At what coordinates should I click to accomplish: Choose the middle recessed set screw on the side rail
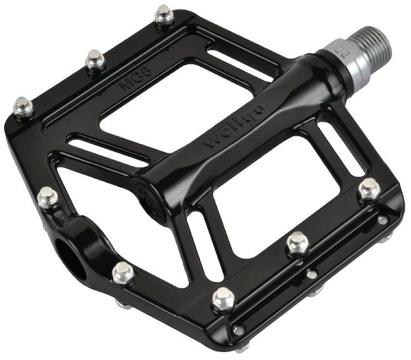tap(312, 274)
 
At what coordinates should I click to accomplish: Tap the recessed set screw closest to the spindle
tap(382, 220)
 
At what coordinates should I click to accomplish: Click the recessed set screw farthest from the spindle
tap(239, 330)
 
